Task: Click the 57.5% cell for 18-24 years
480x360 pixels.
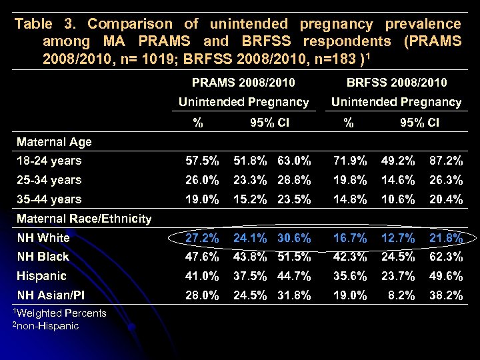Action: coord(201,161)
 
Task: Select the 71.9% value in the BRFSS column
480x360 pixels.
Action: coord(351,161)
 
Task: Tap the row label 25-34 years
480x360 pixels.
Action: coord(49,180)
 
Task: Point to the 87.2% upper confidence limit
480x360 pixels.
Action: coord(446,161)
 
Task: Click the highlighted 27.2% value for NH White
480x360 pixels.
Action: coord(201,238)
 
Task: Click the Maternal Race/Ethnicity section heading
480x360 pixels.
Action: coord(84,219)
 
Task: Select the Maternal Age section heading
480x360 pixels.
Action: coord(54,141)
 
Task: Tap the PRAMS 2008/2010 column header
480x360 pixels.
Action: coord(243,83)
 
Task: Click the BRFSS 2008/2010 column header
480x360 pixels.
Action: coord(397,83)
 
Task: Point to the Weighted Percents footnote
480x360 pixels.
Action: coord(61,313)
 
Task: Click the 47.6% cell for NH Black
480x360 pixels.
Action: coord(201,257)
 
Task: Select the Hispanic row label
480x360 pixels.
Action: coord(41,276)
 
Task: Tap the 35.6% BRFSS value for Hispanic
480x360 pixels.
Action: coord(351,276)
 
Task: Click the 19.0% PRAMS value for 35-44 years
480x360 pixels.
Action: coord(201,199)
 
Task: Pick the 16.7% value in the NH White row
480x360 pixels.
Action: coord(351,238)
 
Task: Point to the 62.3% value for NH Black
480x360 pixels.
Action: coord(446,257)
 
